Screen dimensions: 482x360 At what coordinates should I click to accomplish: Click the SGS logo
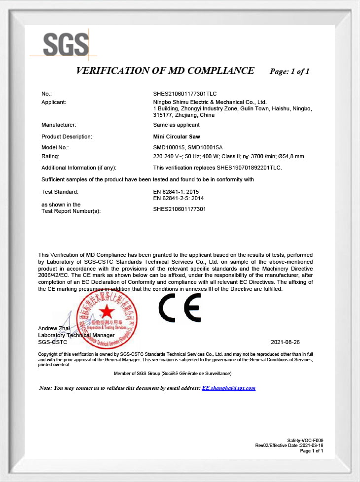(66, 44)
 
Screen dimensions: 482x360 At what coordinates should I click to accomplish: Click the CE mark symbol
(180, 308)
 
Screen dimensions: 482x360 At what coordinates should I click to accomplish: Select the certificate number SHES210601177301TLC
(185, 94)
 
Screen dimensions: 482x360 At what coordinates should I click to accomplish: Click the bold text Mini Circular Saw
(177, 137)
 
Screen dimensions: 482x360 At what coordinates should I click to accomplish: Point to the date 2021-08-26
(285, 342)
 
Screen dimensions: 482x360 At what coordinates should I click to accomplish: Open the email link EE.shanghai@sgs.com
(229, 388)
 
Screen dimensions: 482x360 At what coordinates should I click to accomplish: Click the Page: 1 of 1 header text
(289, 71)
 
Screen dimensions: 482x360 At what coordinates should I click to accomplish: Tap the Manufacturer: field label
(59, 125)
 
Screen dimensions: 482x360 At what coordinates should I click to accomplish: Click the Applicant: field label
(54, 102)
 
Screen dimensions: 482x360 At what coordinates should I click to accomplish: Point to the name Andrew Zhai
(54, 329)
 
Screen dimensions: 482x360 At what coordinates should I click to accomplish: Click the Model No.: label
(55, 147)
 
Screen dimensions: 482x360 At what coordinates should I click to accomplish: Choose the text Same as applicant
(177, 125)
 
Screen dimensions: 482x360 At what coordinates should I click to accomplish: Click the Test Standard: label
(60, 191)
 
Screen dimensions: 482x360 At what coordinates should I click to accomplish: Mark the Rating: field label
(50, 156)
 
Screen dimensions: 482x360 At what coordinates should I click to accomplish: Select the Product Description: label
(67, 137)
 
